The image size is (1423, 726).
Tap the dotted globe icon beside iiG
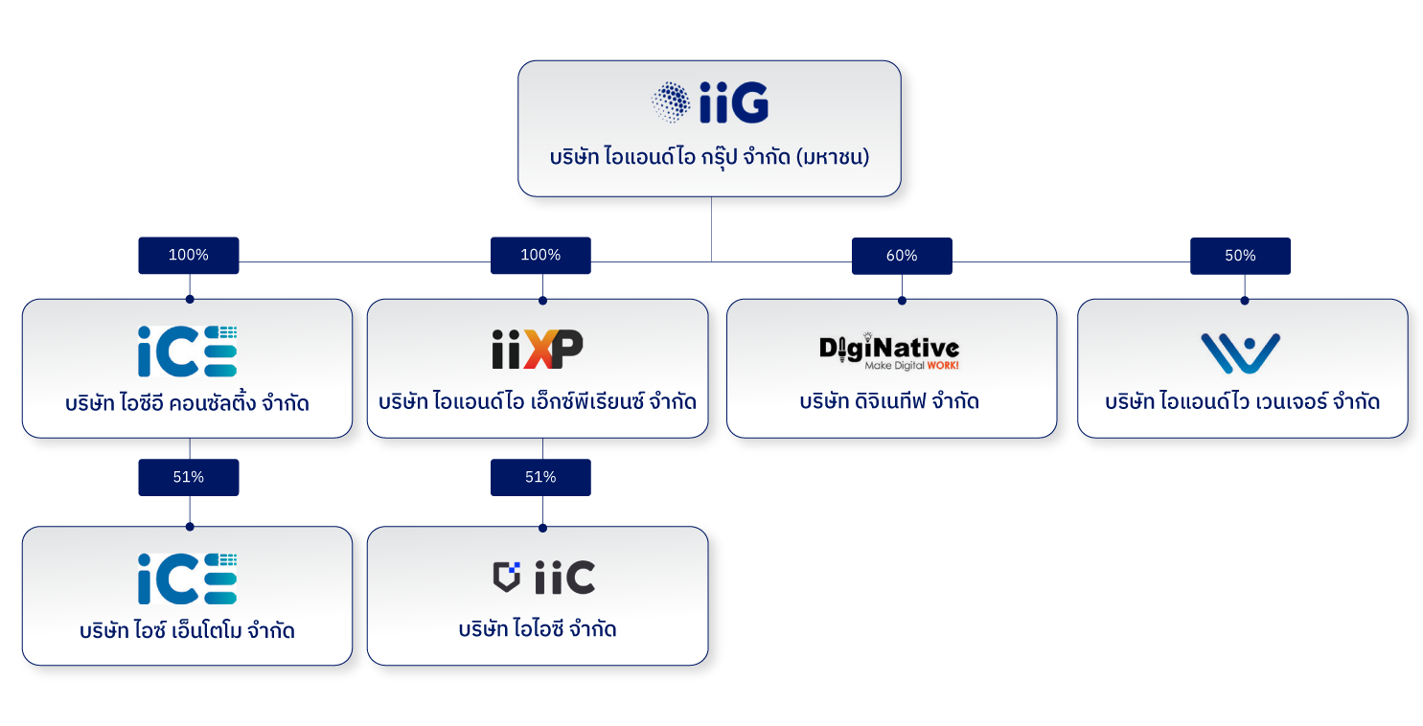click(x=671, y=102)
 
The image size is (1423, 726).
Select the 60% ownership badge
click(x=902, y=256)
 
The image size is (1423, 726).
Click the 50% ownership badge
click(x=1240, y=256)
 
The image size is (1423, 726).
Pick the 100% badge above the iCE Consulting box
click(x=189, y=255)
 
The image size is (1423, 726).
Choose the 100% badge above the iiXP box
click(x=540, y=255)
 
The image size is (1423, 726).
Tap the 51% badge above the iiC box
click(x=540, y=477)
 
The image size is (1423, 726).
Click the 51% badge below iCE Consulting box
click(x=189, y=477)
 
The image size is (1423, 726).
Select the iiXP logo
click(x=538, y=350)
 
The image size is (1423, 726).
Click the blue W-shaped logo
click(x=1241, y=352)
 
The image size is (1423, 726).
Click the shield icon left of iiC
click(x=507, y=576)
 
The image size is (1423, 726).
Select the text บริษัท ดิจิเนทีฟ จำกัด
click(x=889, y=401)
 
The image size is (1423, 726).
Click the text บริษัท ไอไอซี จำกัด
click(x=538, y=629)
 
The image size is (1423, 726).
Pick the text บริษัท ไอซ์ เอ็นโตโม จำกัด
click(x=187, y=630)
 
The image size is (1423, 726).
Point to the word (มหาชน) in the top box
click(x=833, y=157)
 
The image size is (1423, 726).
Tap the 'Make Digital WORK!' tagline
click(x=911, y=365)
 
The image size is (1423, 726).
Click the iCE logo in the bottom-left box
click(x=188, y=579)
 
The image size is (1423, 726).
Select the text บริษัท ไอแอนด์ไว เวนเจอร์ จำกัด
click(x=1242, y=401)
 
